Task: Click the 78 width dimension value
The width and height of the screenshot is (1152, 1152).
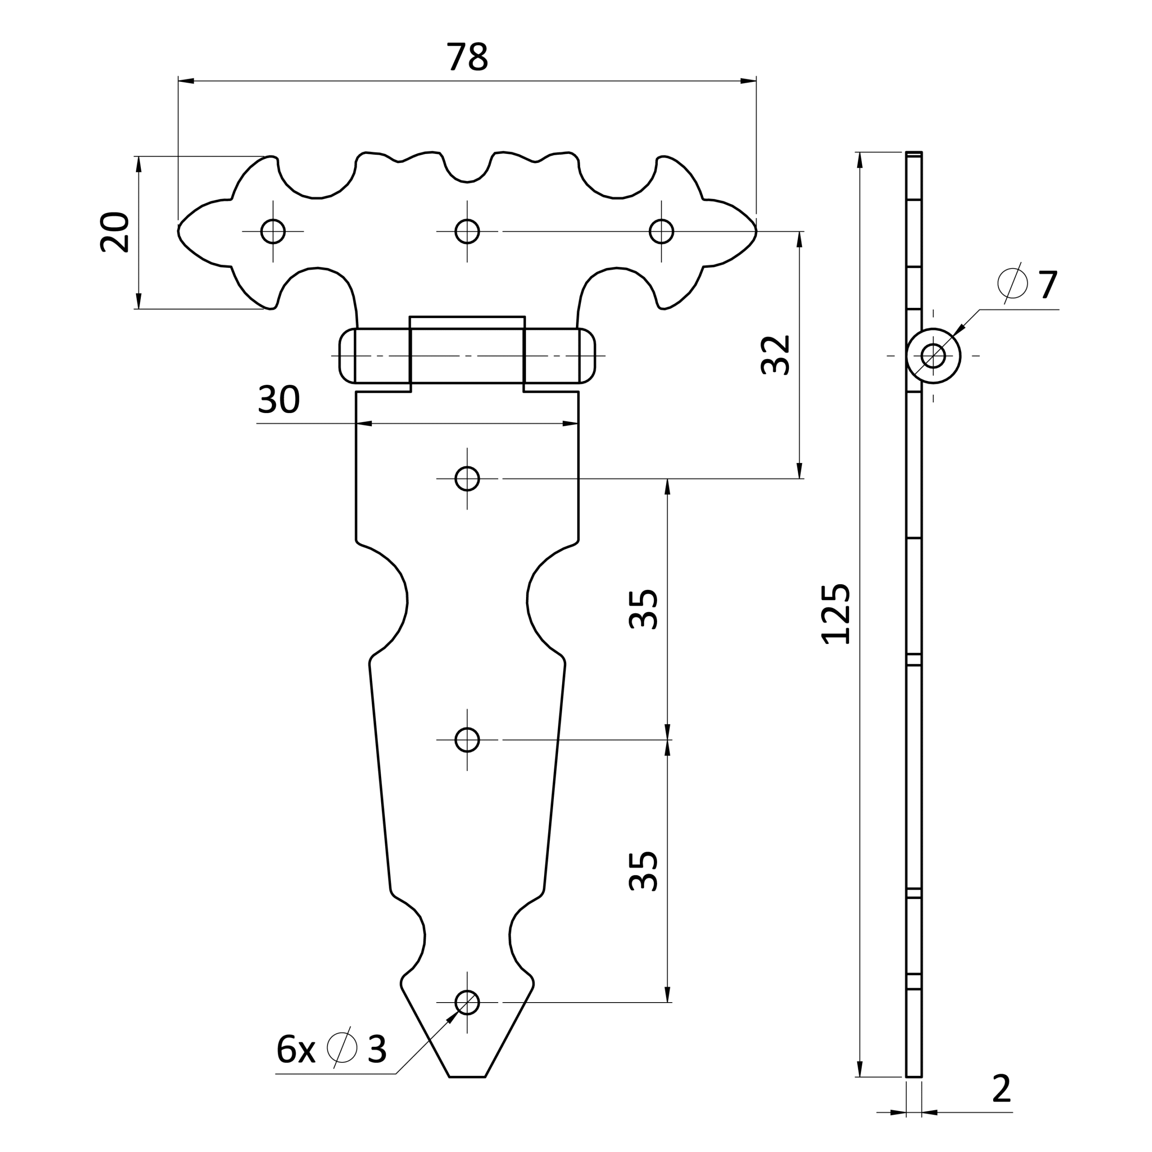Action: point(468,57)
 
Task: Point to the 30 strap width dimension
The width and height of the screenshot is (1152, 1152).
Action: point(279,400)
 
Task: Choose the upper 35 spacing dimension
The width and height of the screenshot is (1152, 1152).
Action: point(644,609)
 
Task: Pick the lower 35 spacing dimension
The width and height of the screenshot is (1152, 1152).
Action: point(644,871)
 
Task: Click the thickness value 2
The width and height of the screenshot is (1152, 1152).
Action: point(1002,1089)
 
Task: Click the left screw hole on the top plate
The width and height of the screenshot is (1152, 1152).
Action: point(273,231)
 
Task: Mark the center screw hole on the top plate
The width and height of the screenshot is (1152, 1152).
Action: point(467,231)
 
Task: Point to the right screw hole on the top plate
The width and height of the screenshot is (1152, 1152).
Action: point(661,231)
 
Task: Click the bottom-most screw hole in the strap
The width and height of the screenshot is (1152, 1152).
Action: point(467,1002)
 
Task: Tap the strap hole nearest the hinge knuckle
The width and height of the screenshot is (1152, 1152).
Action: point(467,479)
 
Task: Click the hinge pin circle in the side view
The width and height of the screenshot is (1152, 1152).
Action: point(933,356)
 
